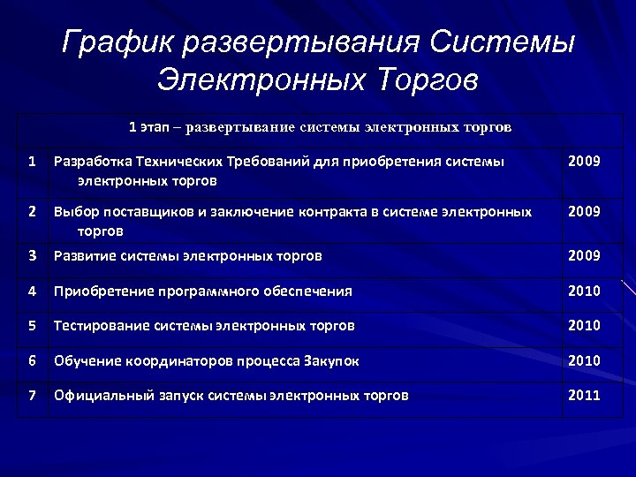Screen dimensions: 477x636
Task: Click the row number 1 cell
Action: coord(32,162)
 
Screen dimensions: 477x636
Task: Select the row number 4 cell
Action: coord(32,291)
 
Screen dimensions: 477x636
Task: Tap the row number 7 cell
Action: coord(32,396)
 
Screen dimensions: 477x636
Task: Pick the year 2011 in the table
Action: coord(584,396)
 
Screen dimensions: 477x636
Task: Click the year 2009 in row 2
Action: coord(584,212)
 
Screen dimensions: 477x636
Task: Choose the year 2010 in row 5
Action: coord(584,325)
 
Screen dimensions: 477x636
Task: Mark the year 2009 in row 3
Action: coord(584,256)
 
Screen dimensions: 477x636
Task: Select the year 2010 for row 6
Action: coord(584,360)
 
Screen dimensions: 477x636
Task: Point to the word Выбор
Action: coord(74,212)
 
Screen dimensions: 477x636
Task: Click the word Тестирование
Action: coord(102,325)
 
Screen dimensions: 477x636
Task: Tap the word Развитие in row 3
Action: coord(86,256)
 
